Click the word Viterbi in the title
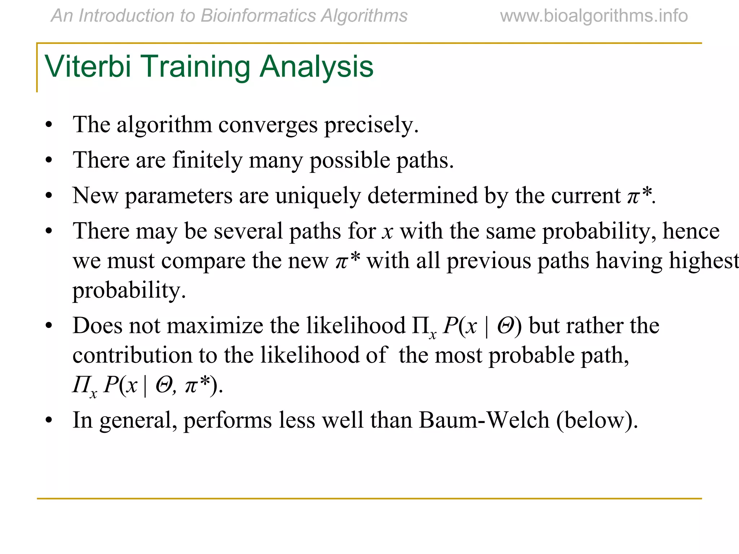88,67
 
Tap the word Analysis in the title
316,67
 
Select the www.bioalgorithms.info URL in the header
594,16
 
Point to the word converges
268,125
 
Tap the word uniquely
318,196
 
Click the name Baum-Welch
484,420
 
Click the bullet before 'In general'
49,421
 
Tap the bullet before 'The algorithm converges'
49,126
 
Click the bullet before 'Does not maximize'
49,326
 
